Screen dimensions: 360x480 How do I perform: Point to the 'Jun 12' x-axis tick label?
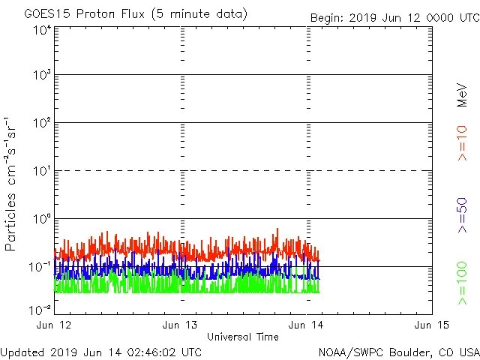tap(55, 325)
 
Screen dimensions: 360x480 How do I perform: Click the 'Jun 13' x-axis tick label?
tap(181, 325)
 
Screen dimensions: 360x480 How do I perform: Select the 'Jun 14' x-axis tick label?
tap(307, 325)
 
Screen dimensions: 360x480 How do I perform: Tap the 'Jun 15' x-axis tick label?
tap(431, 325)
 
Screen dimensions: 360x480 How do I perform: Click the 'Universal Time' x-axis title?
tap(243, 337)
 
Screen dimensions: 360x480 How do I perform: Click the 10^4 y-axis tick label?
tap(42, 30)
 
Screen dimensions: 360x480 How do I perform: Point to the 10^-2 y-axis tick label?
tap(40, 309)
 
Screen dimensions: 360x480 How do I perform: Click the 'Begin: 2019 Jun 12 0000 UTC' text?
tap(392, 17)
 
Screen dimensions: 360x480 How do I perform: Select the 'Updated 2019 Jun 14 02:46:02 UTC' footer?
tap(101, 351)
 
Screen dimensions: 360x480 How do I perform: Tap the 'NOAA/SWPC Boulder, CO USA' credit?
tap(398, 351)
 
